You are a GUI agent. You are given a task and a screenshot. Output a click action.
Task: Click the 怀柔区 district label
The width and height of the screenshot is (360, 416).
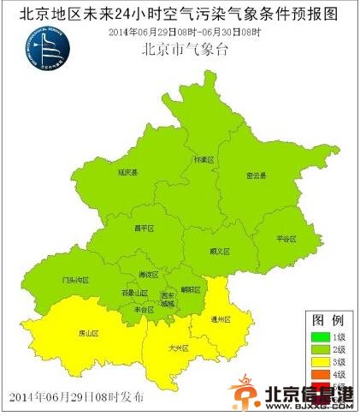202,159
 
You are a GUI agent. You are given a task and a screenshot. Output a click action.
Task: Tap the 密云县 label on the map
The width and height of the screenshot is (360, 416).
257,175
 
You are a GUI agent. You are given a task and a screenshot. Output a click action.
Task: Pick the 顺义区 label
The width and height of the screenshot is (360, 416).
220,252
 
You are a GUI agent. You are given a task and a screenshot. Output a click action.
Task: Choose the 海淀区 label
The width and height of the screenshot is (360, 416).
150,275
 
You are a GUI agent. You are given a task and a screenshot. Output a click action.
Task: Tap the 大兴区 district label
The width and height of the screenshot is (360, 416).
178,348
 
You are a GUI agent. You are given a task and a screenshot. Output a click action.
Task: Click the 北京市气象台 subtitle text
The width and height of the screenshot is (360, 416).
186,49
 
